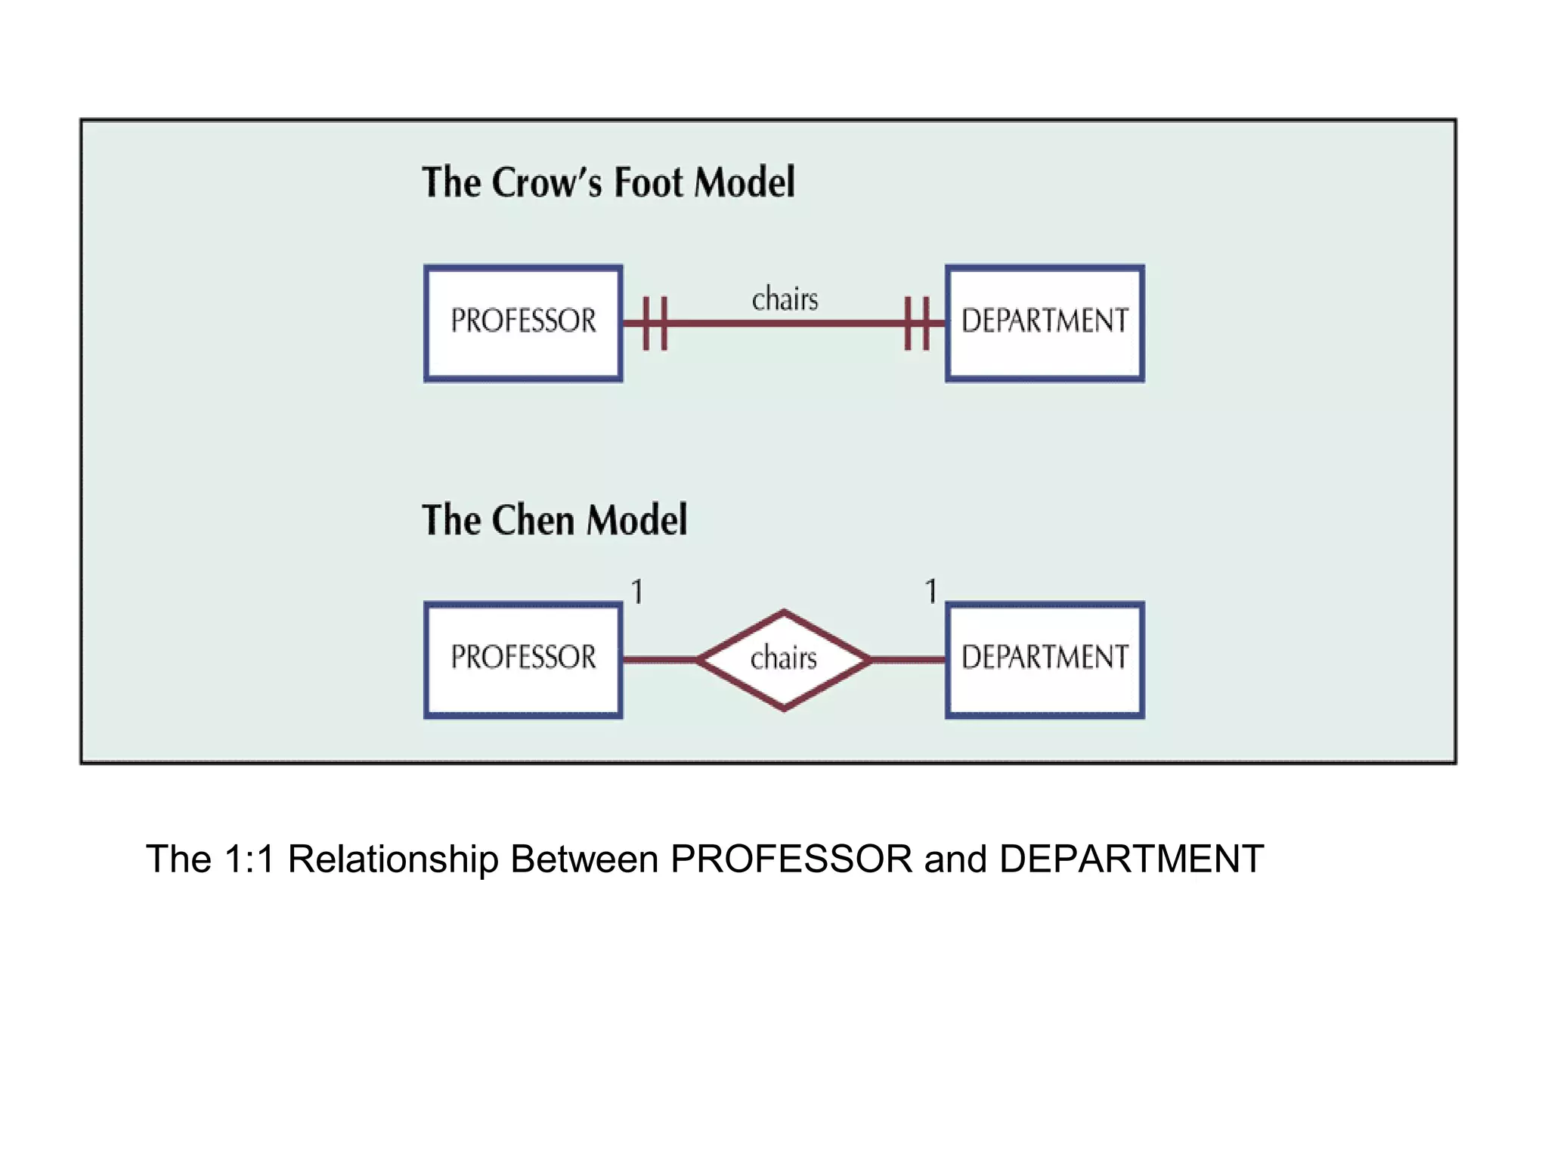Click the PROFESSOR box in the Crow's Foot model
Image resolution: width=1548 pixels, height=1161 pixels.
tap(523, 323)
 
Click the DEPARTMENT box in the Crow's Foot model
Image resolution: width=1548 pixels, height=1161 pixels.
tap(1045, 323)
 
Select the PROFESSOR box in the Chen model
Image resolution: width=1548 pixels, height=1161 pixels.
tap(523, 659)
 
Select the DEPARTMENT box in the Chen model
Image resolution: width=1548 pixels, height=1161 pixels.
tap(1045, 659)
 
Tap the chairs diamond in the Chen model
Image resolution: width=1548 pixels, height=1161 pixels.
tap(784, 660)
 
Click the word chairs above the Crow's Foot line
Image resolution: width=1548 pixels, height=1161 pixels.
tap(785, 299)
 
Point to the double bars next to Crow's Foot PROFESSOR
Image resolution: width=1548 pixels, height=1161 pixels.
tap(655, 324)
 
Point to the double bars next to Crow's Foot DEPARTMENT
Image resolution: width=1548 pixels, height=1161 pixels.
tap(917, 324)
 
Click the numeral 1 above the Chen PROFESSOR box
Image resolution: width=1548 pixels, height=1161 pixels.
tap(637, 591)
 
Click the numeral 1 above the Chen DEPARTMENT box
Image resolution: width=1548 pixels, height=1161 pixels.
tap(931, 591)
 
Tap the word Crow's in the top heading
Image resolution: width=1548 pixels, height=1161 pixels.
tap(547, 183)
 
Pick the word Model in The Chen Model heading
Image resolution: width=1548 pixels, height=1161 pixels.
tap(637, 521)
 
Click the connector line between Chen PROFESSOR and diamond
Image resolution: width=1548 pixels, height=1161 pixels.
tap(659, 660)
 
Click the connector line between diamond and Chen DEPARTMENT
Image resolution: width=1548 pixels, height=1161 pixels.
tap(909, 660)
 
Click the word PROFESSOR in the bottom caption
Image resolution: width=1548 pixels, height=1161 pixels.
tap(791, 859)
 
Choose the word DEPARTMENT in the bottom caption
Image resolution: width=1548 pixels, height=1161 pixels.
tap(1131, 859)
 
